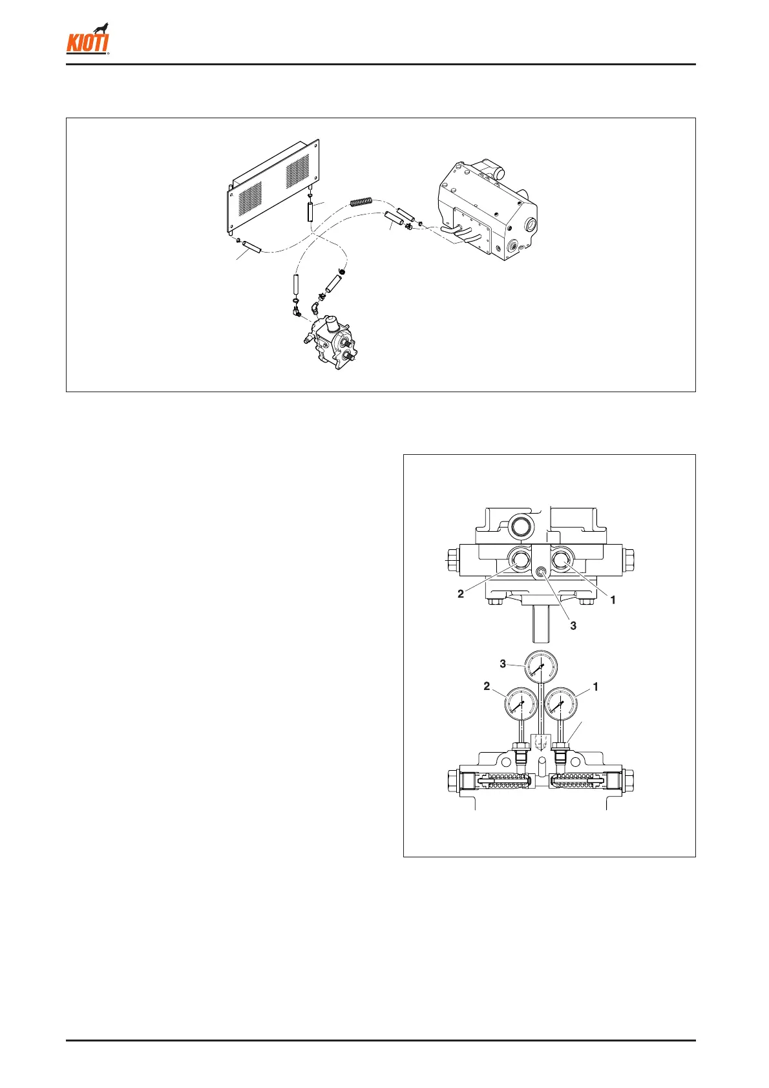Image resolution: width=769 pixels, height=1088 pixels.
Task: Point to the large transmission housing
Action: [x=487, y=213]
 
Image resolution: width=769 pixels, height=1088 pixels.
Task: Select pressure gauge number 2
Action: [x=521, y=704]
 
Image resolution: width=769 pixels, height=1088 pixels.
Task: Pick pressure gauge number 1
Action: [x=561, y=704]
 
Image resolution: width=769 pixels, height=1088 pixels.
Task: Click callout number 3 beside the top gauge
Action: [x=503, y=664]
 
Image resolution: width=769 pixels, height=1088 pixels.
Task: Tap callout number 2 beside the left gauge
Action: [x=487, y=686]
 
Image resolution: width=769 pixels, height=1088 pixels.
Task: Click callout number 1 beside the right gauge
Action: [x=596, y=687]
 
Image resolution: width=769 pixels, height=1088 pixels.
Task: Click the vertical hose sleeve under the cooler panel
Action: [x=311, y=211]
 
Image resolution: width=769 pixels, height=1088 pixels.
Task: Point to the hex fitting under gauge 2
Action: [x=520, y=749]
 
